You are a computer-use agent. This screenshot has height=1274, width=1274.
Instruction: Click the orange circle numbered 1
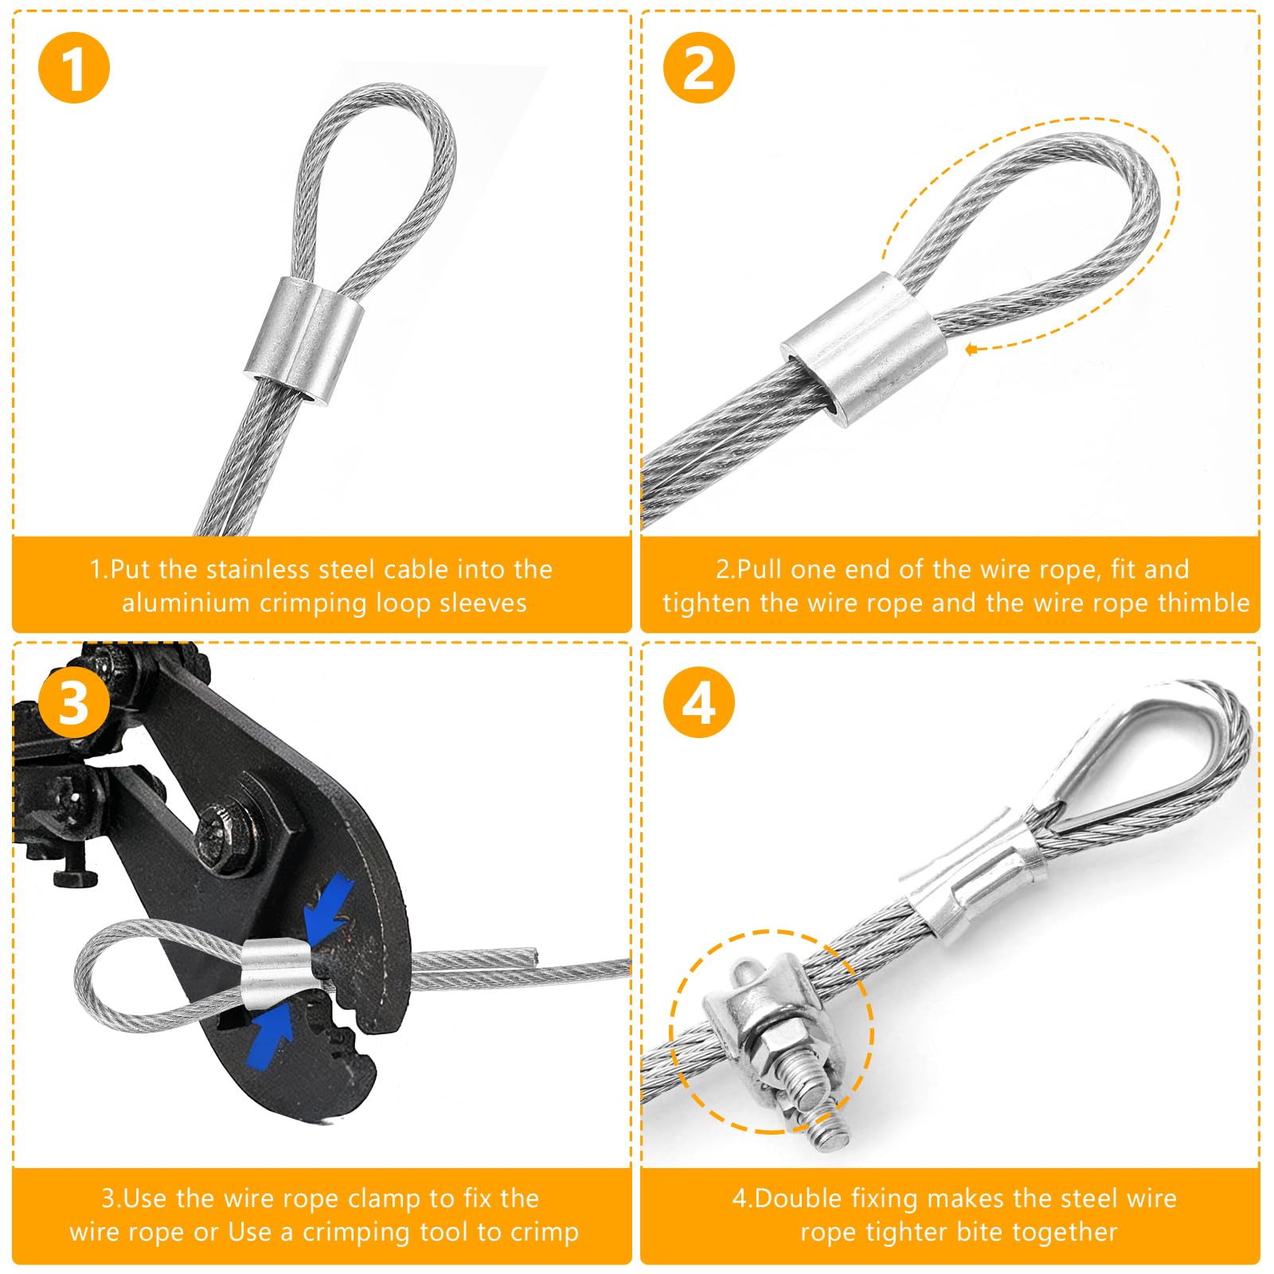[73, 68]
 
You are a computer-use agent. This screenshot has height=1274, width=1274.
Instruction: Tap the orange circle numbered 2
[698, 68]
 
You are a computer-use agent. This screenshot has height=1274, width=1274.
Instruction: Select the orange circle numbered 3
[73, 702]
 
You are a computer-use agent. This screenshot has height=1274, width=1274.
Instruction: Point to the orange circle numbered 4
[698, 702]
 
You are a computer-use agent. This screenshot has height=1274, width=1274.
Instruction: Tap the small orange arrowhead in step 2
[971, 349]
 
